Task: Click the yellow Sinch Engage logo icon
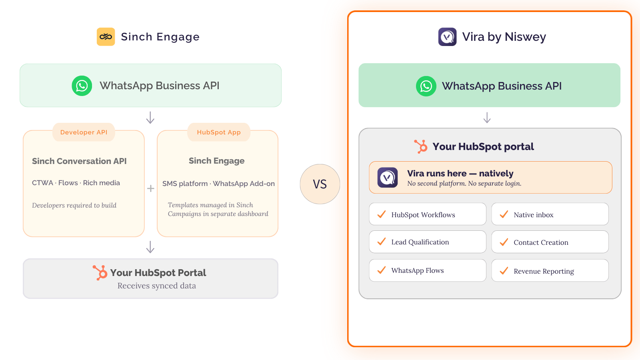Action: [x=106, y=36]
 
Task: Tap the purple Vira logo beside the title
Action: [x=447, y=36]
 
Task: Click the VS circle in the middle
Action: [x=320, y=184]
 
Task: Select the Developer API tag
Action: [x=84, y=132]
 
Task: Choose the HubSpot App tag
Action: [x=219, y=132]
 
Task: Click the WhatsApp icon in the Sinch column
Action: [x=82, y=86]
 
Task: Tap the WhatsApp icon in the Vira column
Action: [x=426, y=86]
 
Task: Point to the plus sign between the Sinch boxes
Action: [x=150, y=188]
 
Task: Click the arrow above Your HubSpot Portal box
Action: [x=150, y=247]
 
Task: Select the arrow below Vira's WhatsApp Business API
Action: [x=487, y=118]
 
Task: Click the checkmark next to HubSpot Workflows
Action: [x=382, y=214]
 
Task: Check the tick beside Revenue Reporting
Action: [x=504, y=270]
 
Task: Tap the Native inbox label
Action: [x=534, y=214]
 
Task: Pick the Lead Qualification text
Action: [x=420, y=242]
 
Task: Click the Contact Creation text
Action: [x=541, y=242]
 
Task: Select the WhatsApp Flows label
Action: [x=418, y=270]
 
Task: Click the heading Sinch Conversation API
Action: [x=79, y=161]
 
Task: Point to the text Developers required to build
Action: [x=74, y=205]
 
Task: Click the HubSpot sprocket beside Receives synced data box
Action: [x=100, y=272]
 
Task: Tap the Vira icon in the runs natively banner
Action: [x=388, y=178]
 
